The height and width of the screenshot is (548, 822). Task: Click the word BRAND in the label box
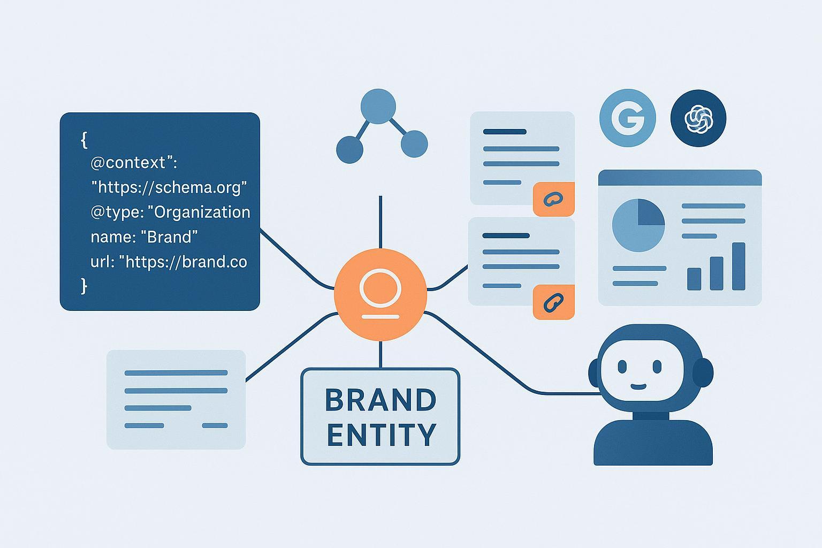(x=380, y=400)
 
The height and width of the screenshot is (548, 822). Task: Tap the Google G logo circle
(x=627, y=118)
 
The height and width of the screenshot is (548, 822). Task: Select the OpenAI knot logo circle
(x=698, y=118)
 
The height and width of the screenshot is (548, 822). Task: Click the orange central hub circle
(x=380, y=295)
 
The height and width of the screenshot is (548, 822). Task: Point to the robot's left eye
(x=622, y=367)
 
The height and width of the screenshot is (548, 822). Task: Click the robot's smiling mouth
(x=638, y=386)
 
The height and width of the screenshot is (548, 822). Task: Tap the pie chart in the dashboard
(x=638, y=225)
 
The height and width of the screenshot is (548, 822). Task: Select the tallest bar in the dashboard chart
(x=739, y=266)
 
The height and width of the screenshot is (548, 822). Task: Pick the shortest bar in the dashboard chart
(x=694, y=279)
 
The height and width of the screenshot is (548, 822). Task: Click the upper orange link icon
(x=553, y=200)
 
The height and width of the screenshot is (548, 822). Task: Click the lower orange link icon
(x=553, y=302)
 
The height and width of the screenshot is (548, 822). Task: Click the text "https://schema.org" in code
(x=169, y=187)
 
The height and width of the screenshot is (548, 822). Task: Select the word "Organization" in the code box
(x=202, y=212)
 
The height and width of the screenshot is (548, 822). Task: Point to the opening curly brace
(x=84, y=140)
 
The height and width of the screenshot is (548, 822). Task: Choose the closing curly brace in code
(x=84, y=286)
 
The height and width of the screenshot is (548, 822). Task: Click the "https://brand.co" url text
(x=183, y=262)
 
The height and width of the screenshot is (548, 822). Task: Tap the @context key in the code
(x=131, y=162)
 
